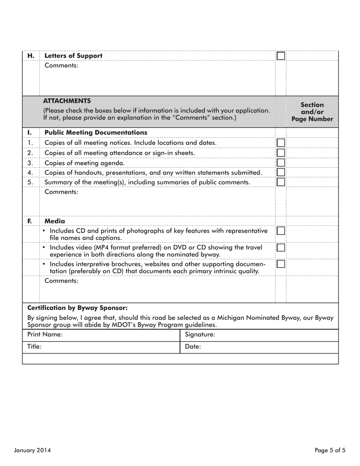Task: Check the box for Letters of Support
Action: coord(280,56)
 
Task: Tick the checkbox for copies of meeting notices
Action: coord(280,142)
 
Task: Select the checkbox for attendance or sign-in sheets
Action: coord(280,152)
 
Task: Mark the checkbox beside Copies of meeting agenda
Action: coord(280,163)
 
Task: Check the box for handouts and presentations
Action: coord(280,172)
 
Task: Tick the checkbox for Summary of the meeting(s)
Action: coord(280,182)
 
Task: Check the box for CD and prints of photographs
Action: coord(280,231)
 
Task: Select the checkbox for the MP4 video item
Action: coord(280,247)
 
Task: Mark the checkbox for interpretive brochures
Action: coord(280,264)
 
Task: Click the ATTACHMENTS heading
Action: coord(67,101)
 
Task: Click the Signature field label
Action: coord(200,335)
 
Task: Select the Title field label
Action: coord(34,346)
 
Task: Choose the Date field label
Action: coord(193,346)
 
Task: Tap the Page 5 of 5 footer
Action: coord(330,450)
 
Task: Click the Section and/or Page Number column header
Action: coord(312,112)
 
